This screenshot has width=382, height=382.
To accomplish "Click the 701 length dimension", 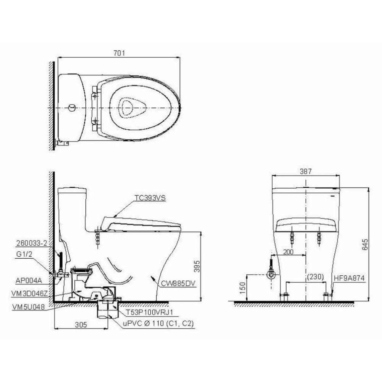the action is tap(119, 53).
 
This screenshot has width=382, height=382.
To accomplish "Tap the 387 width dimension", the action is tap(306, 172).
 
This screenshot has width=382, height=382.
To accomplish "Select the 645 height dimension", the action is tap(365, 244).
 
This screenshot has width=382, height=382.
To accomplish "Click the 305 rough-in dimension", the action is tap(81, 324).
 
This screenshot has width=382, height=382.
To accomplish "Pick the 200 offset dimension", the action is tap(288, 252).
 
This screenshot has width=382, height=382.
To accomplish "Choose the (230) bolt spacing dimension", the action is tap(315, 277).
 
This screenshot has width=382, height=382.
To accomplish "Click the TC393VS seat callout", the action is tap(150, 198).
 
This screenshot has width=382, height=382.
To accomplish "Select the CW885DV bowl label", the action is tap(178, 283).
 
